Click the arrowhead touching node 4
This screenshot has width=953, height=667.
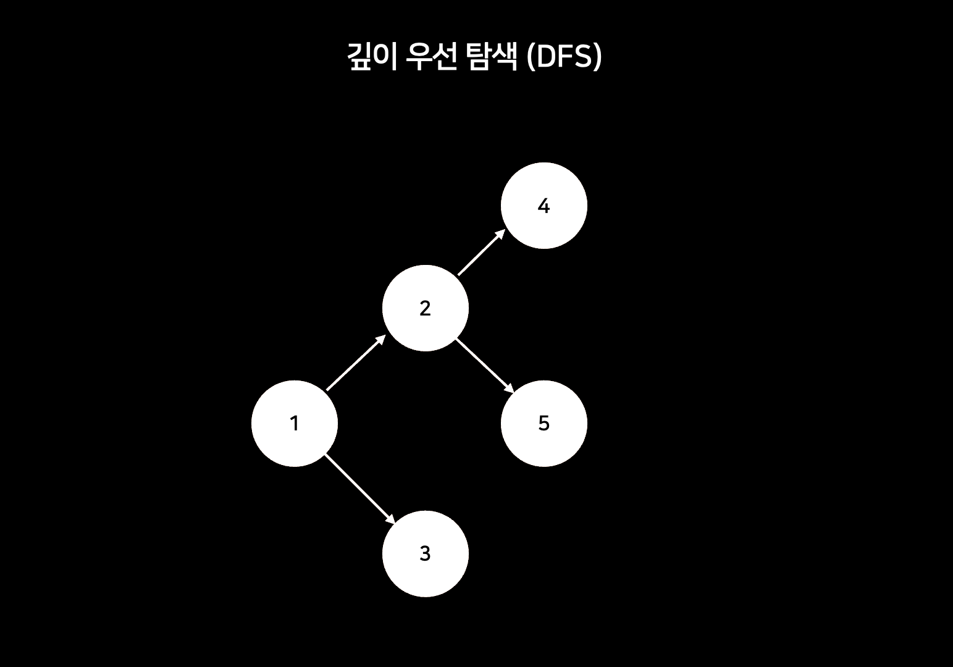pyautogui.click(x=500, y=235)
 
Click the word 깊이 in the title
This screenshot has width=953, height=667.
pyautogui.click(x=369, y=57)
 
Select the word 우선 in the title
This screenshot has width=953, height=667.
pyautogui.click(x=431, y=57)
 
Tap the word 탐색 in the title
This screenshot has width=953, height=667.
pyautogui.click(x=492, y=57)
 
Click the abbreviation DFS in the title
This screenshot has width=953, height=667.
pyautogui.click(x=565, y=57)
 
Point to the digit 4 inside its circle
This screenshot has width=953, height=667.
pyautogui.click(x=544, y=206)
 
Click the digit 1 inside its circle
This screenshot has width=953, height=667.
pyautogui.click(x=295, y=424)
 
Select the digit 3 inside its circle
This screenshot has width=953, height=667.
pyautogui.click(x=425, y=554)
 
